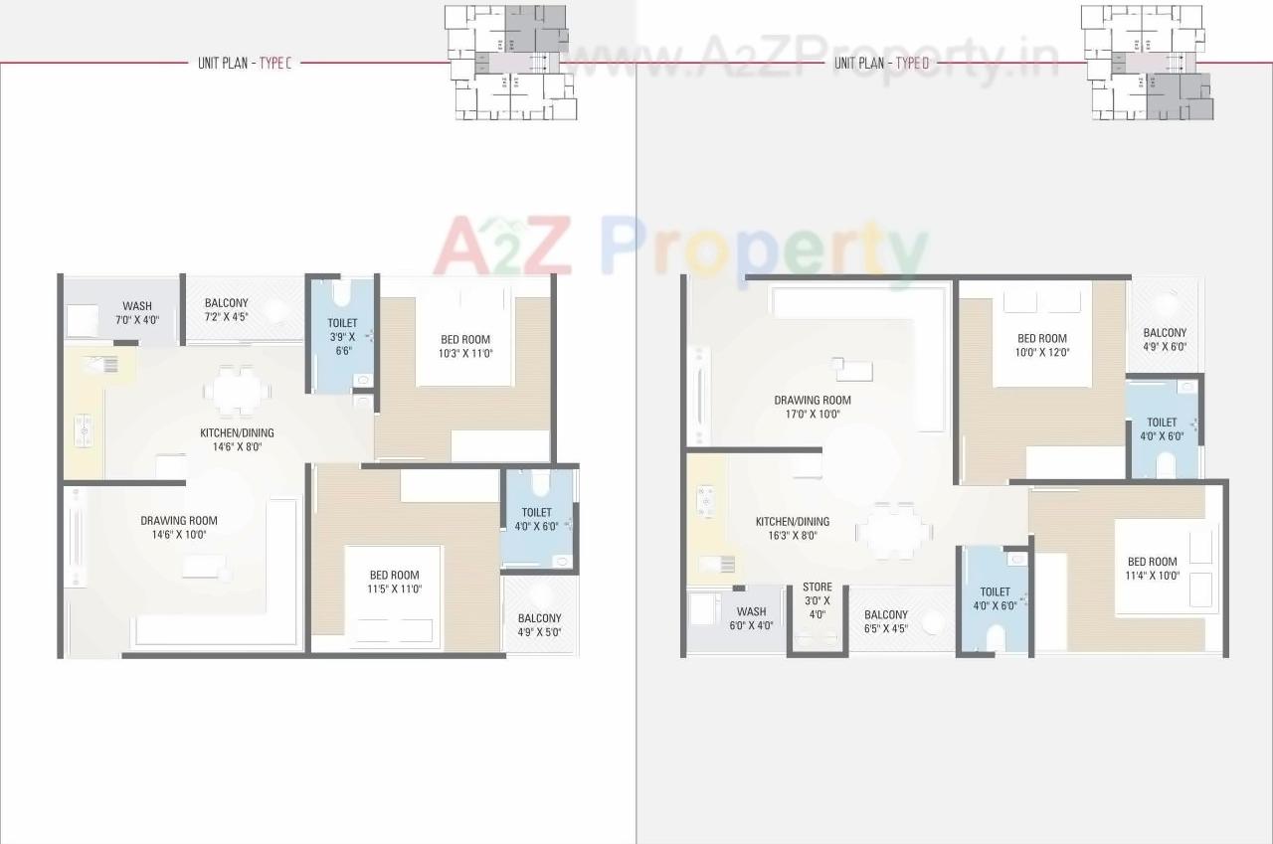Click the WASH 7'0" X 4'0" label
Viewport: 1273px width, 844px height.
(136, 312)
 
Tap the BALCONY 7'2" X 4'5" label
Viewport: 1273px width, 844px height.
(226, 310)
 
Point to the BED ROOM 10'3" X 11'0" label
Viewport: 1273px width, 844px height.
(465, 346)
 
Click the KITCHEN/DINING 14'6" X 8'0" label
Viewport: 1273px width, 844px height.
(236, 439)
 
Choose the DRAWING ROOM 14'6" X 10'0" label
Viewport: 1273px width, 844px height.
(178, 527)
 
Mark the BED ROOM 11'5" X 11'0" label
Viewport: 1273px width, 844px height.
(394, 582)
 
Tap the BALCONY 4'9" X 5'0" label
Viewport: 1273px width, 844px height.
(539, 624)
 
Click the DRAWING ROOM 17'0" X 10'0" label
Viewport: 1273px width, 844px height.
(813, 407)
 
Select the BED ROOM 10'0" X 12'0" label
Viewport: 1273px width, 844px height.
(1041, 345)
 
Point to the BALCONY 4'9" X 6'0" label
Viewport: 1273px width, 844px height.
(1164, 340)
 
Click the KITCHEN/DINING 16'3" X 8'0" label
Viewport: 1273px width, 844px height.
(792, 528)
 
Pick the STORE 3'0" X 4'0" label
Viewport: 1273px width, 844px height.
(817, 600)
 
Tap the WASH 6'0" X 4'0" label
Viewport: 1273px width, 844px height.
(751, 618)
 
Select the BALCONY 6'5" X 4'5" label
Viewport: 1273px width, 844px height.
(885, 621)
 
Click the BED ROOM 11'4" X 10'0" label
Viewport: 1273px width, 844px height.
(1152, 568)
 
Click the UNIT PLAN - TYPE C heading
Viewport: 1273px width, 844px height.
(244, 63)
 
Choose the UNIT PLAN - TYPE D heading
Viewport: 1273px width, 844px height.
(881, 63)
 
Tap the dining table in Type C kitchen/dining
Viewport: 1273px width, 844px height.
(238, 390)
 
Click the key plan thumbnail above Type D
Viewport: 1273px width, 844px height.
(1146, 62)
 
